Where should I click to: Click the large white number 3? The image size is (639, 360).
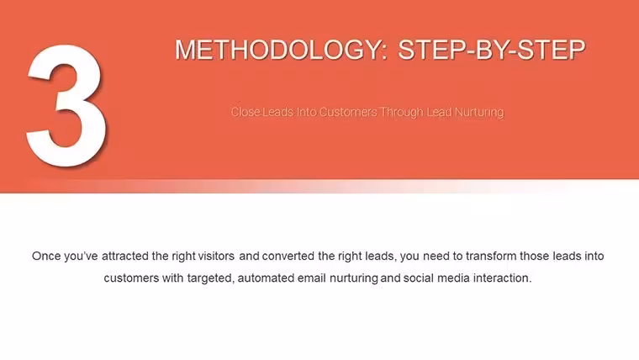point(66,106)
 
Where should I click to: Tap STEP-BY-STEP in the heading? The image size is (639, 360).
point(492,50)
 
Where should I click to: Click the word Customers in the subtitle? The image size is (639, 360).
point(348,112)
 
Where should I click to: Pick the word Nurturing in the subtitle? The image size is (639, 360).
point(479,112)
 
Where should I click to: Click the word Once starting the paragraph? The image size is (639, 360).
point(46,256)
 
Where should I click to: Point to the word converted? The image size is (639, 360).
point(288,256)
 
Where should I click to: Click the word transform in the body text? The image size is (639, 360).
point(491,256)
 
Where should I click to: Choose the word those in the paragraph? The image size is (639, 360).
point(534,256)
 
